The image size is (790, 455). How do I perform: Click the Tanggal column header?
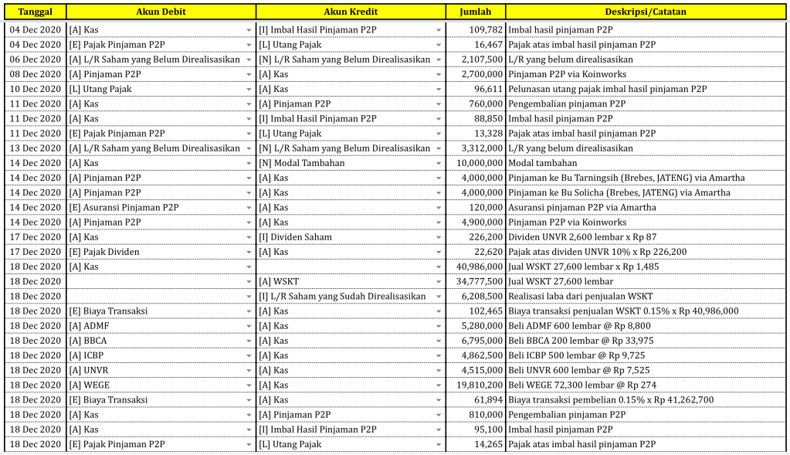pos(35,12)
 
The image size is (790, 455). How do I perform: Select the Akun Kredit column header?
pos(351,12)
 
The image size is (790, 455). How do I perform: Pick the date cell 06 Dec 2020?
pos(35,59)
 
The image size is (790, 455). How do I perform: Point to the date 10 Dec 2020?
pos(35,89)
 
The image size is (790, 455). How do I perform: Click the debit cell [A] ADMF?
pos(89,326)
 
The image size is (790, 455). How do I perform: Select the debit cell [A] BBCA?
pos(89,341)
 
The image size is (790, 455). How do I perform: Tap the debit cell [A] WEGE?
pos(90,385)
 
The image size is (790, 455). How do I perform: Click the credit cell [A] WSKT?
pos(279,281)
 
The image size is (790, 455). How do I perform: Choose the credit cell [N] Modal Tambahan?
pos(302,163)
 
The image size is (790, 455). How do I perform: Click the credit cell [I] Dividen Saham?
pos(295,237)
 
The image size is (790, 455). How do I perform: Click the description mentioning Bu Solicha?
pos(618,192)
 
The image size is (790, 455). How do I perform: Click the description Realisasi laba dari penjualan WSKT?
pos(580,296)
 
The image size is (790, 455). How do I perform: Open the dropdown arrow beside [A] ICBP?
pos(249,355)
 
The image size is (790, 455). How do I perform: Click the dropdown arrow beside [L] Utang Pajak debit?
pos(249,89)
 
